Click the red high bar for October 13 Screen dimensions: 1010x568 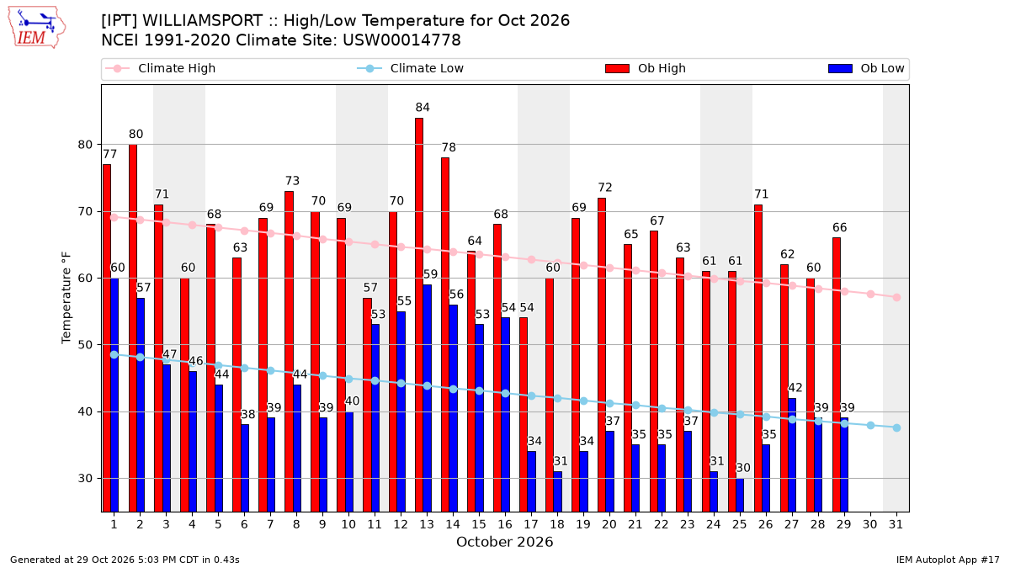pyautogui.click(x=419, y=315)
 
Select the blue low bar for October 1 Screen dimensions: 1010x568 pyautogui.click(x=114, y=395)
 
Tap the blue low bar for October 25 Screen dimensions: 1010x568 pyautogui.click(x=740, y=495)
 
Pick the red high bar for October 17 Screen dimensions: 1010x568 pyautogui.click(x=523, y=415)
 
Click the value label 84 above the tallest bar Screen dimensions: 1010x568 pyautogui.click(x=423, y=108)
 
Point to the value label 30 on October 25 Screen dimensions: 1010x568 pyautogui.click(x=743, y=468)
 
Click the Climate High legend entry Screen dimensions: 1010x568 pyautogui.click(x=160, y=68)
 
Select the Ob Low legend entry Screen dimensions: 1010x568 pyautogui.click(x=866, y=68)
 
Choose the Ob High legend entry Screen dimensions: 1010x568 pyautogui.click(x=646, y=68)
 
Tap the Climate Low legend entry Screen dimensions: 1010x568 pyautogui.click(x=411, y=68)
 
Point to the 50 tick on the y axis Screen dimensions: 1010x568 pyautogui.click(x=85, y=345)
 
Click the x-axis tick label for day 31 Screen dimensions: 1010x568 pyautogui.click(x=896, y=524)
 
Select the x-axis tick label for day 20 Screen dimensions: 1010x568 pyautogui.click(x=609, y=524)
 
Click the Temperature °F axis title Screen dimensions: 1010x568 pyautogui.click(x=66, y=298)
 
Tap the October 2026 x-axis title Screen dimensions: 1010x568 pyautogui.click(x=504, y=542)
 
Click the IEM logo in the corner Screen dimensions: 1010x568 pyautogui.click(x=36, y=28)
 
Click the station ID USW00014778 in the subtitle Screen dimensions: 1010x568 pyautogui.click(x=401, y=40)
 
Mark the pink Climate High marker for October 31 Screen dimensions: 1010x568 pyautogui.click(x=897, y=298)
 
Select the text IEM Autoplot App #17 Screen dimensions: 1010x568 pyautogui.click(x=948, y=560)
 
